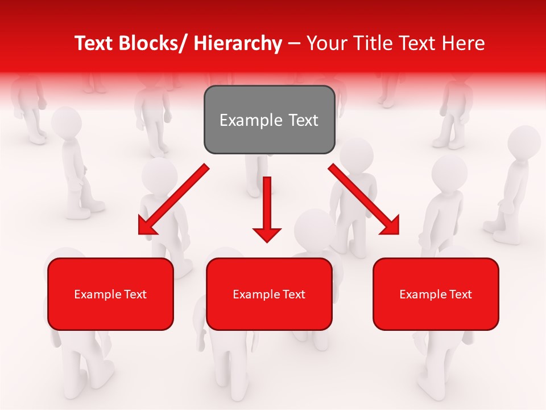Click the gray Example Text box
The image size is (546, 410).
(269, 120)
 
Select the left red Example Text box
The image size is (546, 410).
(110, 294)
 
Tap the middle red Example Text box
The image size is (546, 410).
(269, 294)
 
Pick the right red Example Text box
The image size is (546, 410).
(436, 294)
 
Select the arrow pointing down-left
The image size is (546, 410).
(173, 199)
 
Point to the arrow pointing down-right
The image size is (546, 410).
(364, 199)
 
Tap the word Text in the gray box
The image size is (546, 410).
(303, 120)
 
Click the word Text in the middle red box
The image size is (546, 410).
(294, 294)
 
